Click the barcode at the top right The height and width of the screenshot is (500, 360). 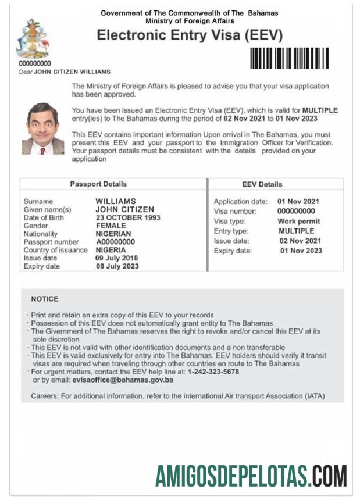pyautogui.click(x=289, y=58)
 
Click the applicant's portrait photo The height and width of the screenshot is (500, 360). pyautogui.click(x=43, y=128)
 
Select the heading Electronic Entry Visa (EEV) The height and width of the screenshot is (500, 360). pyautogui.click(x=190, y=35)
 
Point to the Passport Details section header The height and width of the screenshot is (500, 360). pyautogui.click(x=98, y=184)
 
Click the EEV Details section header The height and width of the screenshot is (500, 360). pyautogui.click(x=262, y=184)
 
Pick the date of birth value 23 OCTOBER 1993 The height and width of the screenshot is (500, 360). pyautogui.click(x=128, y=217)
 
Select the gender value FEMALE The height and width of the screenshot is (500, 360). pyautogui.click(x=111, y=226)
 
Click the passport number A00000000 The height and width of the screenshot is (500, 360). pyautogui.click(x=115, y=242)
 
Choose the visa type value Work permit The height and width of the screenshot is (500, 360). pyautogui.click(x=299, y=222)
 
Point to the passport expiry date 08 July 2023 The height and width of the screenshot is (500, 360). pyautogui.click(x=117, y=266)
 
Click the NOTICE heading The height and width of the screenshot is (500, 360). pyautogui.click(x=45, y=299)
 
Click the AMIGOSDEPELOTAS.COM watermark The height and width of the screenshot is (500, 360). pyautogui.click(x=251, y=476)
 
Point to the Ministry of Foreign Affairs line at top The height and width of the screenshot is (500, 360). pyautogui.click(x=190, y=20)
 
